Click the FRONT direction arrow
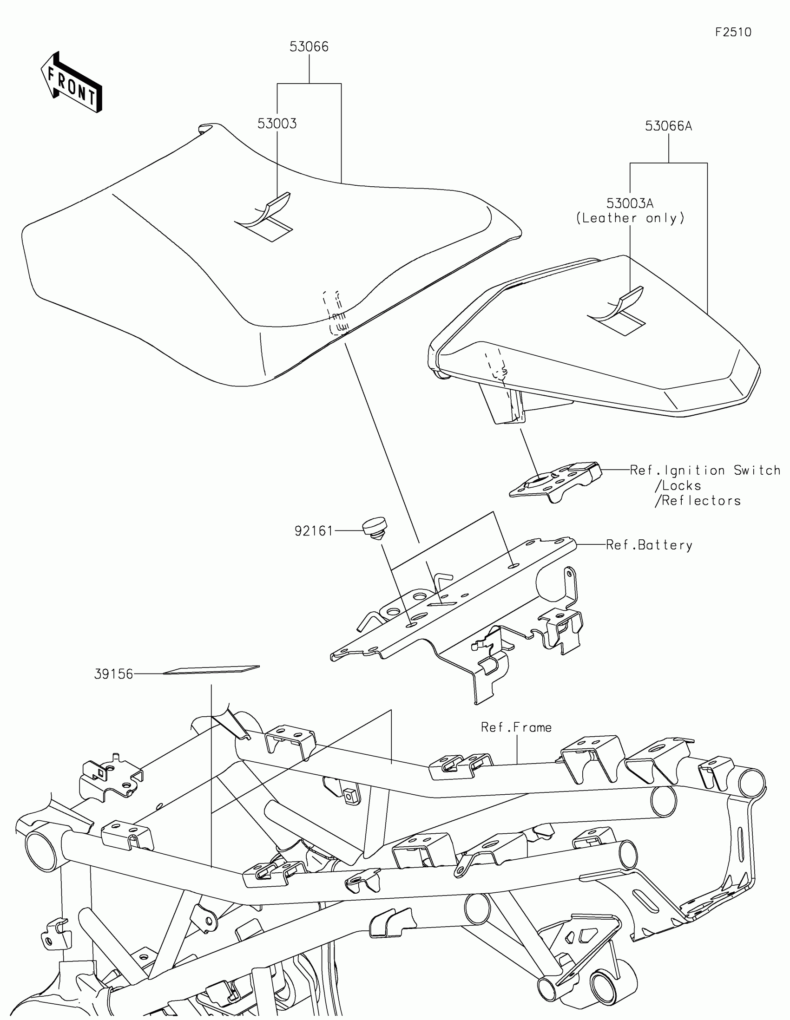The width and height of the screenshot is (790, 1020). point(72,83)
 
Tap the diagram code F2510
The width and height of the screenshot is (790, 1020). point(733,32)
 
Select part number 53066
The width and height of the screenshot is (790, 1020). point(309,47)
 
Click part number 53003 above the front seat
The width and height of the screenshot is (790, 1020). point(277,124)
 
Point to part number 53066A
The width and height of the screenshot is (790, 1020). point(668,126)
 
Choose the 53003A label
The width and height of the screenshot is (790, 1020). point(630,203)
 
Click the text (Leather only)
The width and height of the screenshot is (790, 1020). point(630,218)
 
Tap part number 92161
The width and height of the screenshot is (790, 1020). point(314,531)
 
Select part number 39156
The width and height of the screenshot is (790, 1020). point(113,674)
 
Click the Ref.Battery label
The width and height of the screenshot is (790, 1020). point(649,545)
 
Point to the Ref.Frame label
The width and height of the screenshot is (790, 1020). point(516,727)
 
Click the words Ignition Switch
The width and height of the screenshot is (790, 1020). point(722,471)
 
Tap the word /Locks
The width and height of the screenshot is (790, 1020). point(678,486)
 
